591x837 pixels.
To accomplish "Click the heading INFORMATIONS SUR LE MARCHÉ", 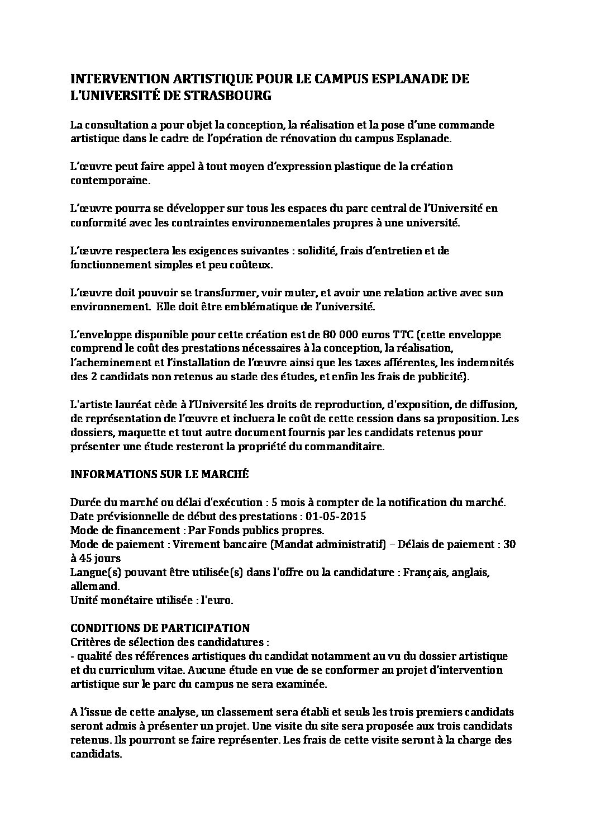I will [159, 474].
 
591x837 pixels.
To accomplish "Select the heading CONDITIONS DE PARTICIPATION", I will [160, 627].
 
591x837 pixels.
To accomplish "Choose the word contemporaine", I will [110, 181].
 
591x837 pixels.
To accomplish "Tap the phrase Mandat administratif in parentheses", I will [328, 544].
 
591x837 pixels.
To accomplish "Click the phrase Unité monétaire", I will [110, 600].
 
